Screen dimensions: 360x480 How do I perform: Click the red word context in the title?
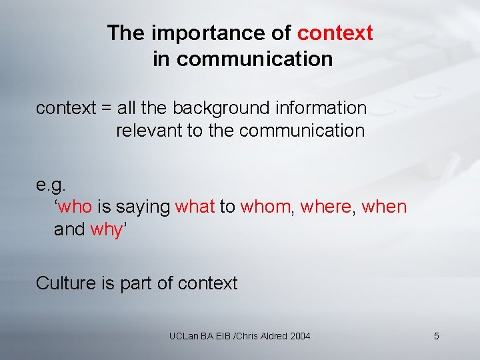(335, 33)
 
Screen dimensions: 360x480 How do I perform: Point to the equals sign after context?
(106, 108)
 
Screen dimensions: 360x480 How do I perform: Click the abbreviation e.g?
(51, 183)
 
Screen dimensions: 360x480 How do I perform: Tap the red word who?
(75, 207)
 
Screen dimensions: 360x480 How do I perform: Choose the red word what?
(195, 207)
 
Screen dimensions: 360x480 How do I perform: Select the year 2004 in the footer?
(300, 336)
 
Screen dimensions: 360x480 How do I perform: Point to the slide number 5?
(436, 336)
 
